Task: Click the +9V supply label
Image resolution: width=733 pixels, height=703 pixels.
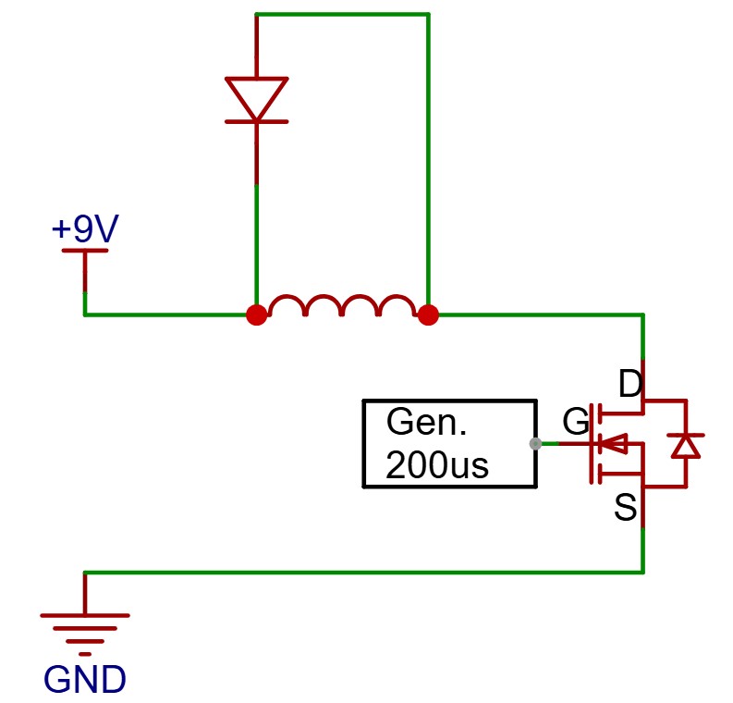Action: [85, 228]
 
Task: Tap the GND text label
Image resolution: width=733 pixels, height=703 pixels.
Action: [85, 679]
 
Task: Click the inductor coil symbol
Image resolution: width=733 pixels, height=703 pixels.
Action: [342, 304]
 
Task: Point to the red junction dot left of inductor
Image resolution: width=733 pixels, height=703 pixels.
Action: [257, 314]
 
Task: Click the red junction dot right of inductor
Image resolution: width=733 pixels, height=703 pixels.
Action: [428, 314]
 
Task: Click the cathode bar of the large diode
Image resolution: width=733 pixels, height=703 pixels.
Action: [257, 121]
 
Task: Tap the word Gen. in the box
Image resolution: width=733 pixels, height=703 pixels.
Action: [426, 422]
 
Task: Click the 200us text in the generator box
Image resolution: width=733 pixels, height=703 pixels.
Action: [437, 465]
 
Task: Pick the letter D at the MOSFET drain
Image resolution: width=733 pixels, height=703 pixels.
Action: [630, 384]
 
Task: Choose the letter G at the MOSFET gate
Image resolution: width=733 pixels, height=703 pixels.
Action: [576, 421]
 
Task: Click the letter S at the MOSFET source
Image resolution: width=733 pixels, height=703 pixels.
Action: [626, 507]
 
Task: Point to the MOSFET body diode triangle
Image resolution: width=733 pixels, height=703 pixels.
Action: [686, 447]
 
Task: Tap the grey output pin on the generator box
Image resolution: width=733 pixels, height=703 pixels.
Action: [535, 443]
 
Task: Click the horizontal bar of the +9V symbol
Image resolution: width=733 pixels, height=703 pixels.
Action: [85, 251]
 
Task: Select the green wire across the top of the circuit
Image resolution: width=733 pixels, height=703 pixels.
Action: [342, 15]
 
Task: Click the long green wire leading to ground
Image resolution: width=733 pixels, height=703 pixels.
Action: [363, 572]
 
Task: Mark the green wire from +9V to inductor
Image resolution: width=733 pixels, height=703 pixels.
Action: [165, 314]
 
